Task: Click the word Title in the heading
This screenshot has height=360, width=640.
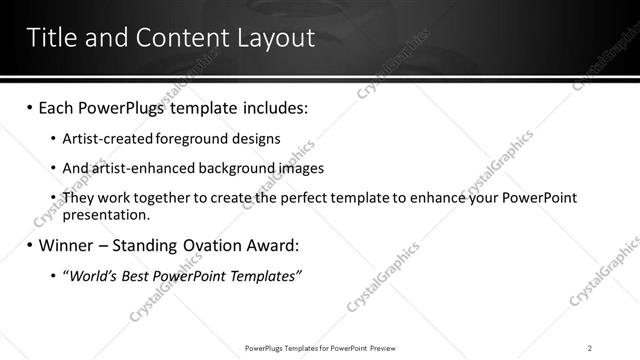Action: [x=52, y=38]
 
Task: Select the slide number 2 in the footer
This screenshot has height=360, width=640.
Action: [x=590, y=347]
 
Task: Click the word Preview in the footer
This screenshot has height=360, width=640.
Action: [x=381, y=347]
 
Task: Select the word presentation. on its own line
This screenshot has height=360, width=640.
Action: [x=106, y=214]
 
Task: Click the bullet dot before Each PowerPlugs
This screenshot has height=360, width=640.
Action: [x=30, y=106]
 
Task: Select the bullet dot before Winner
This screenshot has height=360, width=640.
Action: [x=30, y=245]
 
